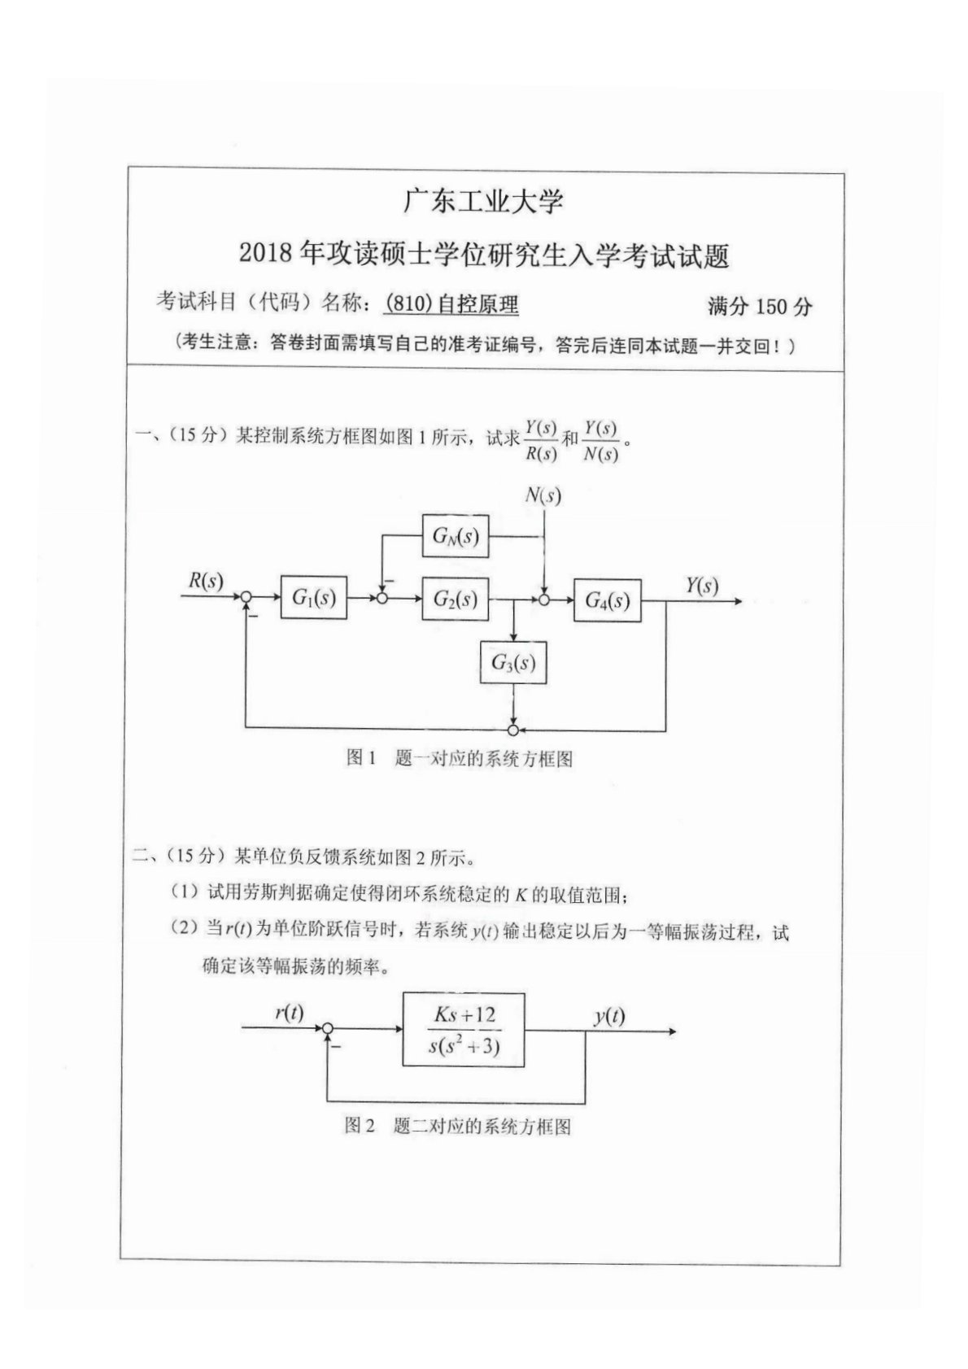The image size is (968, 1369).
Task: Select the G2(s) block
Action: coord(455,599)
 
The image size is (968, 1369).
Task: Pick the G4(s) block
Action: coord(608,600)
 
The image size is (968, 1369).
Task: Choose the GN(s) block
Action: coord(455,536)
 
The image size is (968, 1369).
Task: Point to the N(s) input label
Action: coord(543,495)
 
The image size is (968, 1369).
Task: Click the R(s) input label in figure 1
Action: coord(206,581)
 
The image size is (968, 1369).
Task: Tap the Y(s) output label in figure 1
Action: coord(701,586)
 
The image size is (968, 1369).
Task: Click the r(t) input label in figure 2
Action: coord(289,1013)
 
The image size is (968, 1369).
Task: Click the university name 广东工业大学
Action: coord(483,202)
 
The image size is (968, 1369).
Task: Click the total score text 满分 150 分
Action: coord(759,307)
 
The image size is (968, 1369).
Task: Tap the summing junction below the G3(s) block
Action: coord(513,729)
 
